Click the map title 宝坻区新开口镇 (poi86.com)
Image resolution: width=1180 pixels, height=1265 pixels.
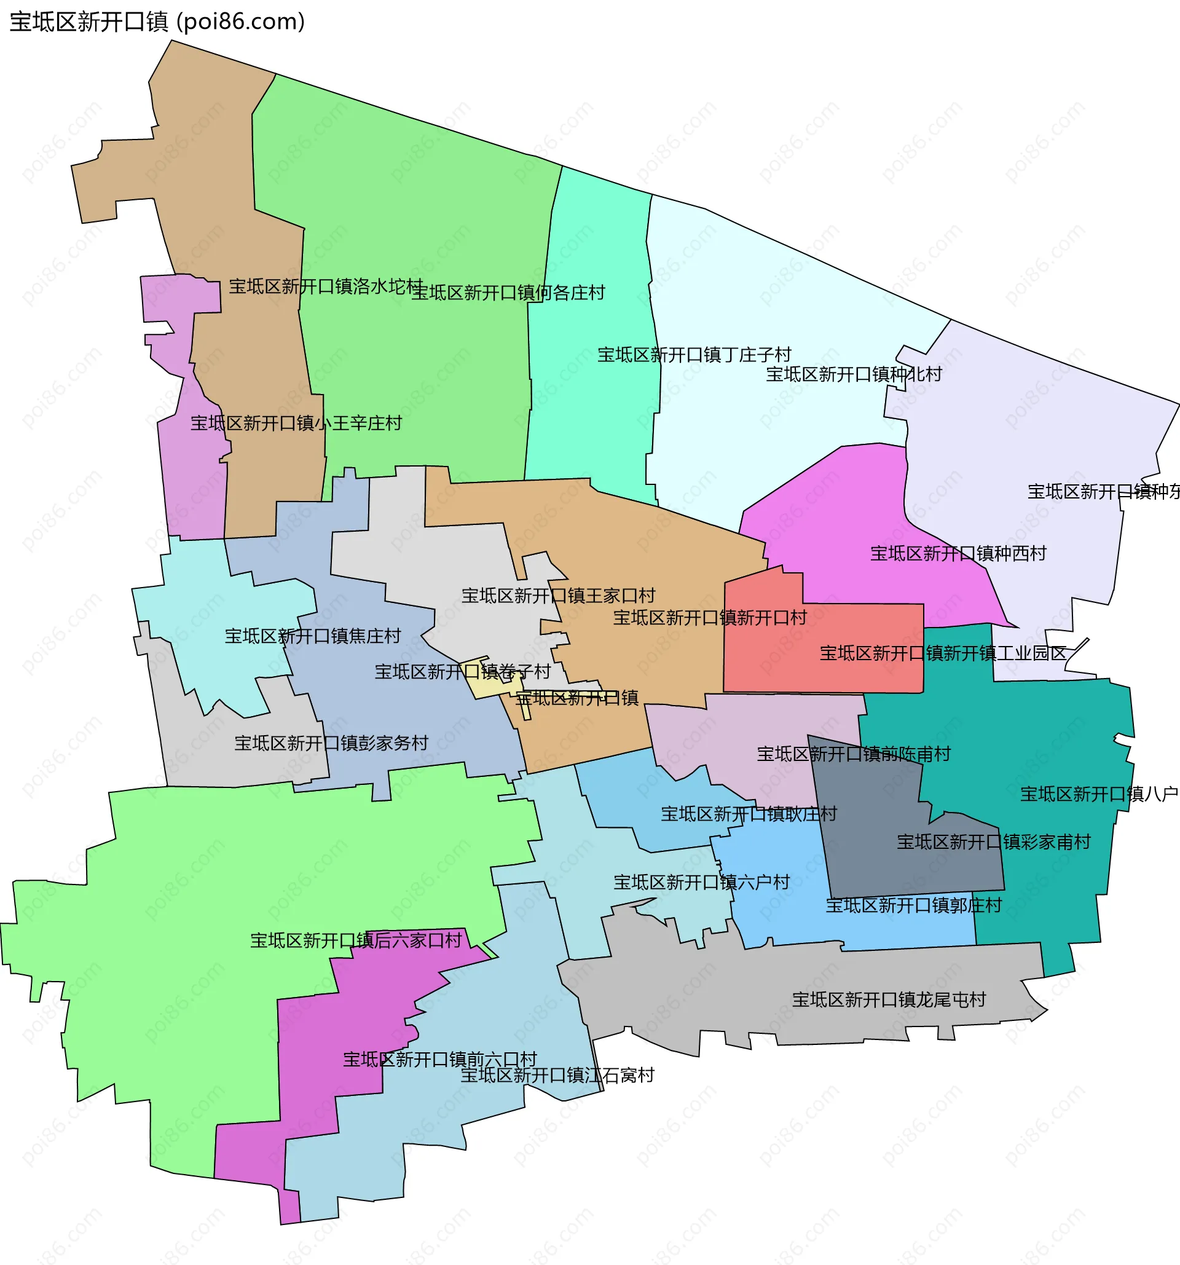[x=157, y=22]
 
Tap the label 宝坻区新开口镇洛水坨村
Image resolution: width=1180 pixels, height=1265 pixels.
[x=326, y=286]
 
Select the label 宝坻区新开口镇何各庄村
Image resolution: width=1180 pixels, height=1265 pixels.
[x=508, y=293]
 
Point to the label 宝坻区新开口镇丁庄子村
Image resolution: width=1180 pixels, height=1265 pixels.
[x=694, y=355]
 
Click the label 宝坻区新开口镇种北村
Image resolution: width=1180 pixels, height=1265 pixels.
[x=854, y=374]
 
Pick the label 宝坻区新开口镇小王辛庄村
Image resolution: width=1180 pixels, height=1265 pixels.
[x=296, y=423]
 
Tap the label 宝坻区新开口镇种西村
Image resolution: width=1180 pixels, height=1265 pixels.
[x=958, y=554]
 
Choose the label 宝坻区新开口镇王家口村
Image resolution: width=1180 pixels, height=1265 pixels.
[x=558, y=596]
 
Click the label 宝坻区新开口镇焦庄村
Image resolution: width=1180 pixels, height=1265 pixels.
[x=312, y=636]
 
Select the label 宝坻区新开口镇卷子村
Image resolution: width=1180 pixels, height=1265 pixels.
[x=462, y=671]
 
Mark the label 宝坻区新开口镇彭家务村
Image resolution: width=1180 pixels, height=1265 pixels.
[x=331, y=743]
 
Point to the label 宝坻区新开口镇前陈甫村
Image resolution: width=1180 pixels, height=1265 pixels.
[x=853, y=754]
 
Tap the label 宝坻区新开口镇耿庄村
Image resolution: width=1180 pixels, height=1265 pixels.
[x=749, y=814]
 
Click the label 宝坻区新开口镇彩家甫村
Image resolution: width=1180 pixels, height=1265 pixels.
[x=994, y=842]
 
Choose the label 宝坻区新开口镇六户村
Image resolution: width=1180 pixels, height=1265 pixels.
[x=701, y=882]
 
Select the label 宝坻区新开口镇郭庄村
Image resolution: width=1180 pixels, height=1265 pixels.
[x=913, y=905]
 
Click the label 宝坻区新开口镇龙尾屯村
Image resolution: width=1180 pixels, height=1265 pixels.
[x=889, y=999]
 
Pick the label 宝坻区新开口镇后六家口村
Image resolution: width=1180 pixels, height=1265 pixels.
[x=356, y=940]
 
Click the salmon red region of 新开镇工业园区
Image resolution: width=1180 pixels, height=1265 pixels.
[x=827, y=674]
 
